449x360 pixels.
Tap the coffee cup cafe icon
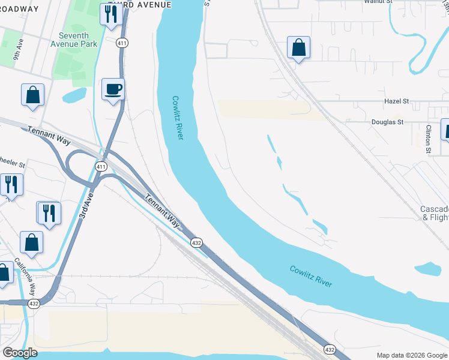pos(113,90)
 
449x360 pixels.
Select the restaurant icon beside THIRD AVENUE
pos(110,16)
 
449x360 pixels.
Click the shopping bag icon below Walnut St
pos(298,49)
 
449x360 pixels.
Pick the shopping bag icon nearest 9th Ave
pos(32,95)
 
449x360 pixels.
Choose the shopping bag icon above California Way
pos(32,243)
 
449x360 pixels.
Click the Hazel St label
pos(396,102)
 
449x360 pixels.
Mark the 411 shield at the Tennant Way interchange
pos(101,166)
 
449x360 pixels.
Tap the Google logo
pos(20,353)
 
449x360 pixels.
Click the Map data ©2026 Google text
pos(412,355)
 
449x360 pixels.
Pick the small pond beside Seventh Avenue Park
pos(74,95)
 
